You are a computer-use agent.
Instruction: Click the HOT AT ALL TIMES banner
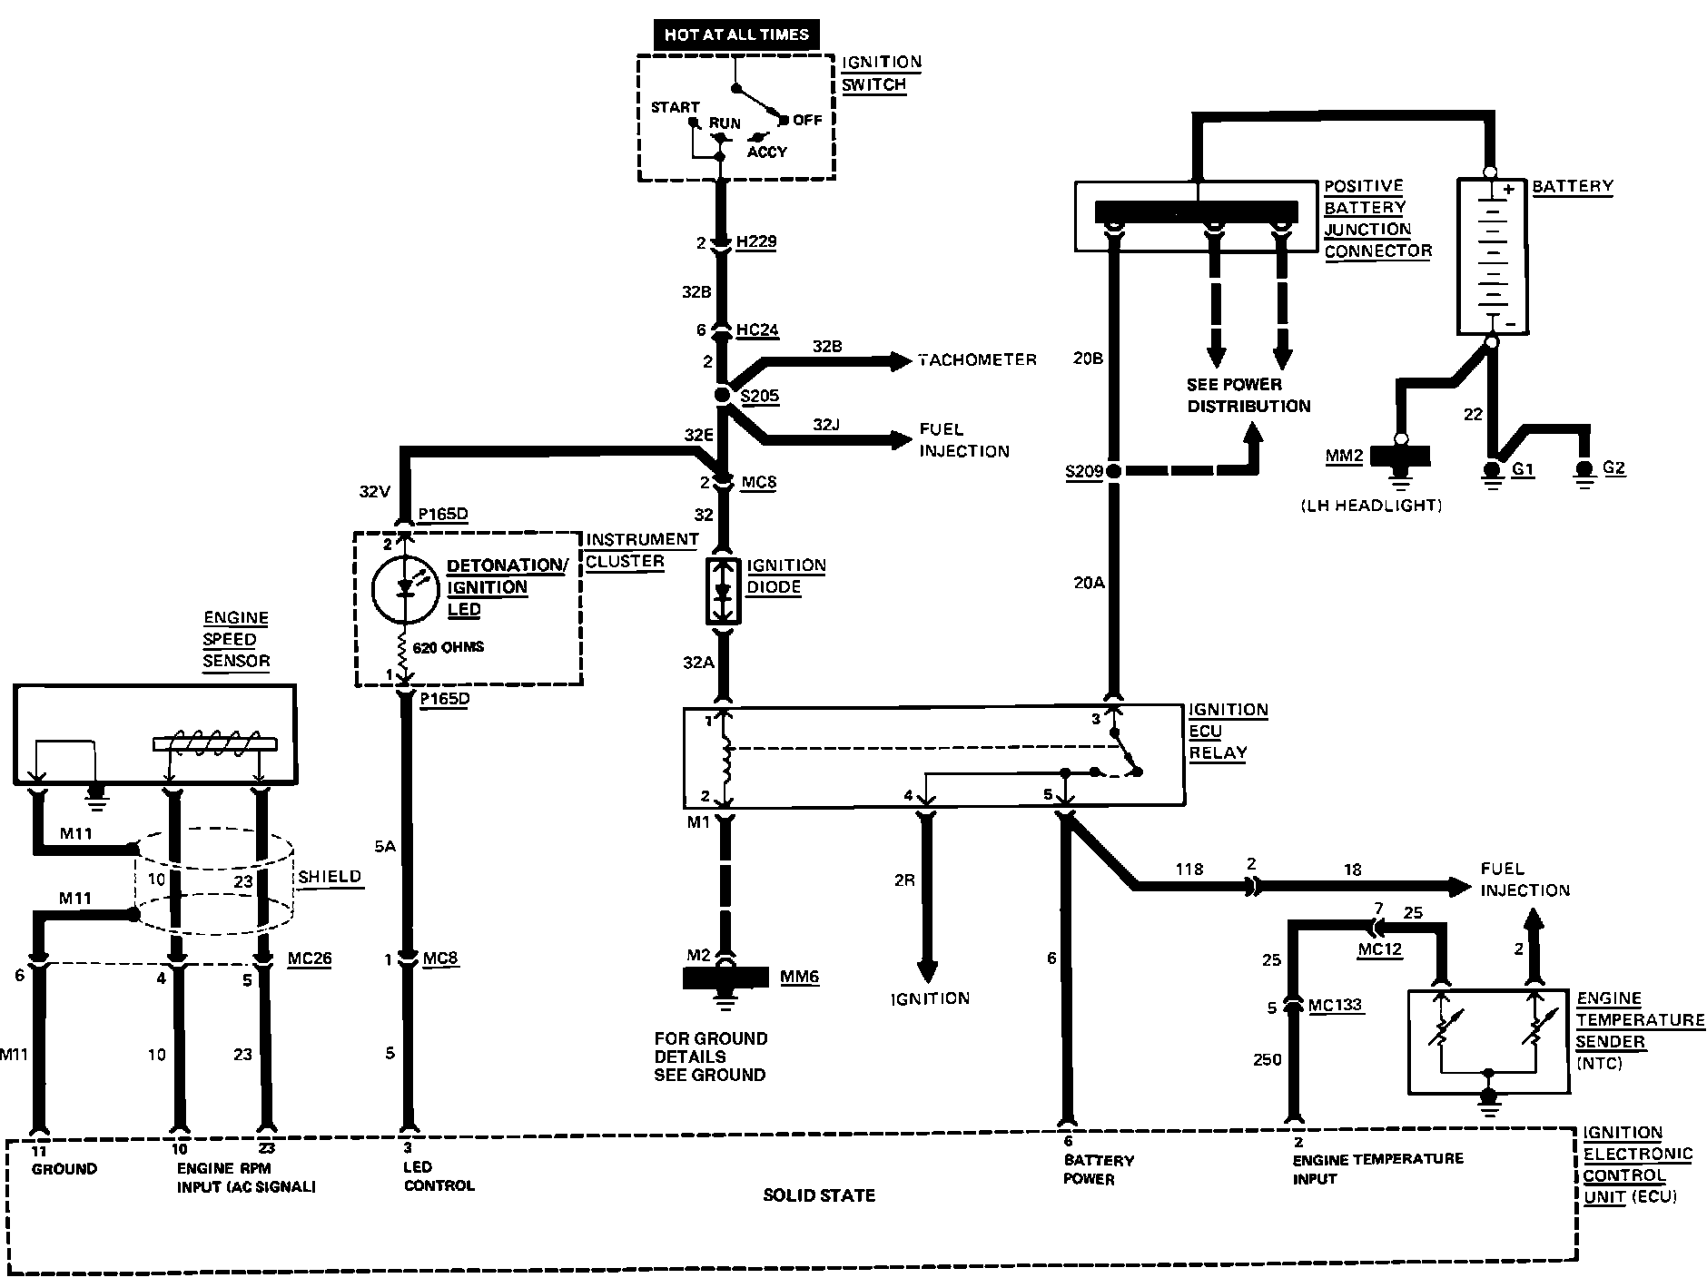pos(736,34)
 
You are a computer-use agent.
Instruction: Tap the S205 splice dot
pos(723,395)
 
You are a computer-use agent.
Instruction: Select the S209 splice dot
pos(1113,471)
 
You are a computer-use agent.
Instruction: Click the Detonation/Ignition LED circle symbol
pos(405,588)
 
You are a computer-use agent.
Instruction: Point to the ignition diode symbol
pos(724,591)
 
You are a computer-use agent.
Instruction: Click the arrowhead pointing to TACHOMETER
pos(901,360)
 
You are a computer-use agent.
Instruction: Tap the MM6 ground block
pos(724,978)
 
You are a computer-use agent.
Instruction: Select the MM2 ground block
pos(1400,456)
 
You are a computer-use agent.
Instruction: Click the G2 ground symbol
pos(1585,473)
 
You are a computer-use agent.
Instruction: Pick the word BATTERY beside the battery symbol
pos(1573,186)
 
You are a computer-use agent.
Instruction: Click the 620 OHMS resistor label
pos(449,647)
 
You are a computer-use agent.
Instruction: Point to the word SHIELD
pos(331,877)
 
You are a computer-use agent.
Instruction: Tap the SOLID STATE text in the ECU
pos(819,1195)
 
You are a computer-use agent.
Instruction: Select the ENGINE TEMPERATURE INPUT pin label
pos(1378,1168)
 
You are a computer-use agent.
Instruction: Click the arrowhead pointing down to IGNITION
pos(927,969)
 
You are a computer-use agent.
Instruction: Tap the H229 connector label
pos(756,242)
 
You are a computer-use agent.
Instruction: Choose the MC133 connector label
pos(1336,1006)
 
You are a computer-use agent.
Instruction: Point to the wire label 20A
pos(1089,584)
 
